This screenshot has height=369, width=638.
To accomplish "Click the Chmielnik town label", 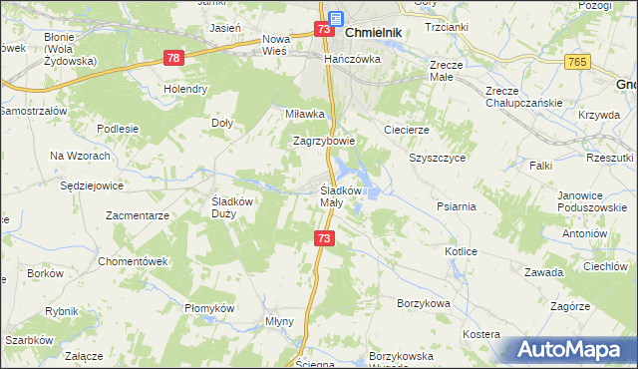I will [374, 32].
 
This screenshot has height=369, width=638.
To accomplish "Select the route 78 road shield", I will [174, 60].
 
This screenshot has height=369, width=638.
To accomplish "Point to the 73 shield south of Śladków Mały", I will [323, 238].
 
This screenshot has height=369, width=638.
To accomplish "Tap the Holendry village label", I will [185, 89].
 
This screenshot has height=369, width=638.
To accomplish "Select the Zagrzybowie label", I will [324, 142].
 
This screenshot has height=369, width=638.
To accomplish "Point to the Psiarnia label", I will [456, 206].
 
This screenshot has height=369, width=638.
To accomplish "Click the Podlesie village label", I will [117, 129].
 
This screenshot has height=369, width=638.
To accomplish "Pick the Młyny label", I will [278, 321].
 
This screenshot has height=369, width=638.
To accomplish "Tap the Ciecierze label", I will [406, 130].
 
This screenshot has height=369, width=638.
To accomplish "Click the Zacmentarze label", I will [139, 214].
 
